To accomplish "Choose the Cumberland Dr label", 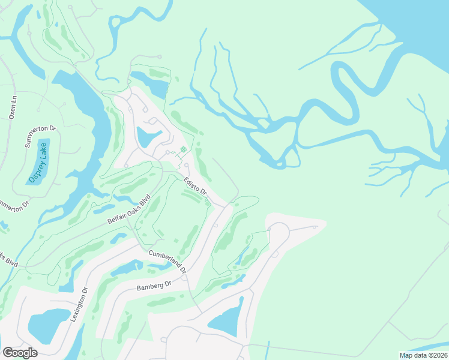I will pos(168,262).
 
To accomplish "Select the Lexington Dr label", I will pos(79,304).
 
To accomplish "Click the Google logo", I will pos(20,353).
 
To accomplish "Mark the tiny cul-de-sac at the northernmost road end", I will pos(158,56).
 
